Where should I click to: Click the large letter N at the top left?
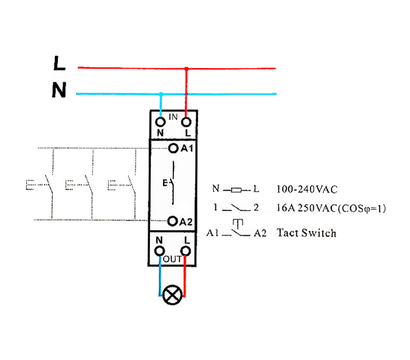tap(59, 91)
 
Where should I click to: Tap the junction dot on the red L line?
tap(186, 70)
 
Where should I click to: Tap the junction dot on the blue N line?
tap(162, 95)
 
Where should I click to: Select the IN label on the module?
tap(173, 117)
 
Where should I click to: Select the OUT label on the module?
tap(173, 258)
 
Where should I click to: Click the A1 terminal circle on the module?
tap(173, 146)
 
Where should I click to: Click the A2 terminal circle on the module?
tap(173, 221)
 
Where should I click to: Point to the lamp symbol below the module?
tap(173, 295)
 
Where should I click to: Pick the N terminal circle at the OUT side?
tap(161, 253)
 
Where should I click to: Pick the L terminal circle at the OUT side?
tap(186, 253)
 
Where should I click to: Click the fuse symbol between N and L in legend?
tap(235, 188)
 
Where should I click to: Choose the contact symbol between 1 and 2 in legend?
tap(237, 210)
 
